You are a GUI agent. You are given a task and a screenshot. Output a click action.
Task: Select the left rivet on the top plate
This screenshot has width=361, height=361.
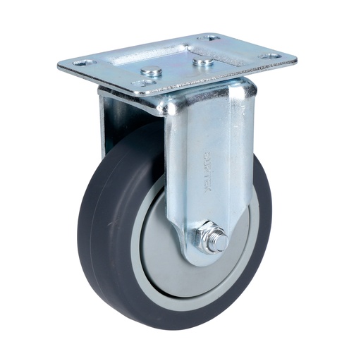tap(151, 71)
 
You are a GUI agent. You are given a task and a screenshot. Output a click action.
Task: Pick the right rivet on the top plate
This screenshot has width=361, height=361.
tap(203, 62)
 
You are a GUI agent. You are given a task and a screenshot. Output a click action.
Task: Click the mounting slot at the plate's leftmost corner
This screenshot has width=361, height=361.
tap(78, 63)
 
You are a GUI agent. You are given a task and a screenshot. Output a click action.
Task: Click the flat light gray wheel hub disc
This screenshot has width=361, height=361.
tap(164, 250)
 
